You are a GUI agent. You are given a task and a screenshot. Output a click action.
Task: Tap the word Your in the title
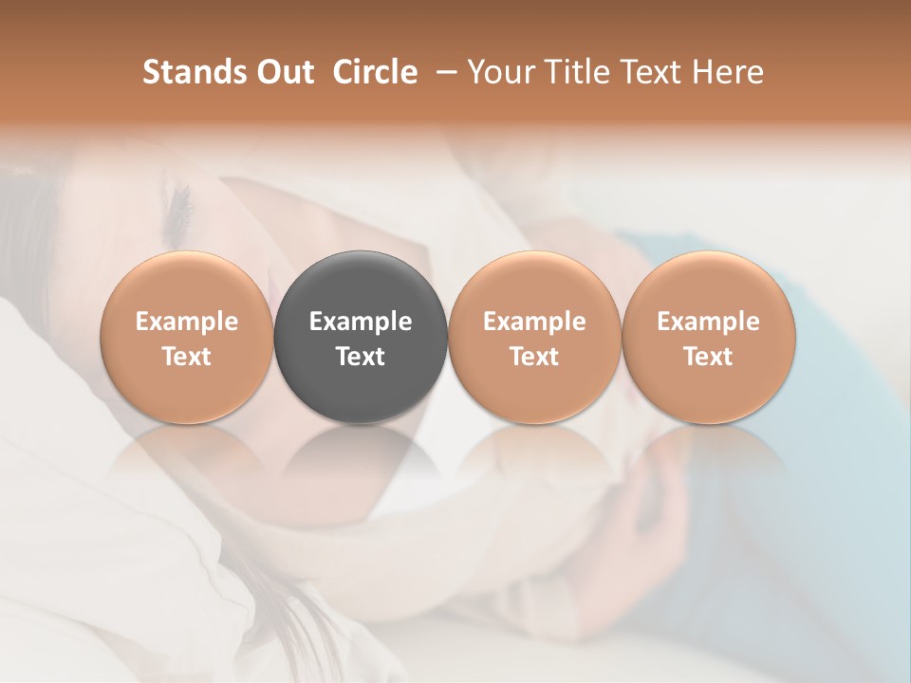[x=497, y=72]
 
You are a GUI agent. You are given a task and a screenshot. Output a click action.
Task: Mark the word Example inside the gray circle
[x=361, y=322]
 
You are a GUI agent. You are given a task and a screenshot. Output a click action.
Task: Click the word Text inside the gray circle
[x=361, y=357]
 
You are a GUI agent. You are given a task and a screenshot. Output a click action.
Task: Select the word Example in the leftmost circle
[x=187, y=322]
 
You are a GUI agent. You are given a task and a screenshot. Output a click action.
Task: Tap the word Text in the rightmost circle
[x=709, y=357]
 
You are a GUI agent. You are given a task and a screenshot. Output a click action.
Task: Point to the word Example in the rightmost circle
[x=709, y=322]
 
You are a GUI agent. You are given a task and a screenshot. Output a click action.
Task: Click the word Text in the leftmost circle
[x=187, y=357]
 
